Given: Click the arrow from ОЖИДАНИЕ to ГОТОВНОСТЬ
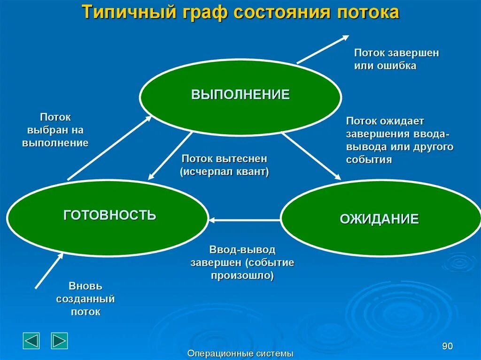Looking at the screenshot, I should (244, 219).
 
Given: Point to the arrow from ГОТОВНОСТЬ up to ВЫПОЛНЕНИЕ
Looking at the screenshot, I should (109, 147).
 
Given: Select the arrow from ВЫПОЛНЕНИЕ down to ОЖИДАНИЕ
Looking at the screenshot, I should (311, 155).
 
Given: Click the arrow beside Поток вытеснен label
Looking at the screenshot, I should (170, 155).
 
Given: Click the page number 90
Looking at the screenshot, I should (447, 346).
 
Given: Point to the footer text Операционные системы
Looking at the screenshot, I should (240, 353).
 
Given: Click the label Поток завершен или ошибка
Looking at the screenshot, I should (396, 59).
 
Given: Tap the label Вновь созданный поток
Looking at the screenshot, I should (85, 299).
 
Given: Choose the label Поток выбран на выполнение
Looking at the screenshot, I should (55, 130).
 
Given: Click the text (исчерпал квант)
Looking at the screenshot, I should (225, 172).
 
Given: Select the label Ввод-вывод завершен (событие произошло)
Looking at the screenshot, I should (242, 262).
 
